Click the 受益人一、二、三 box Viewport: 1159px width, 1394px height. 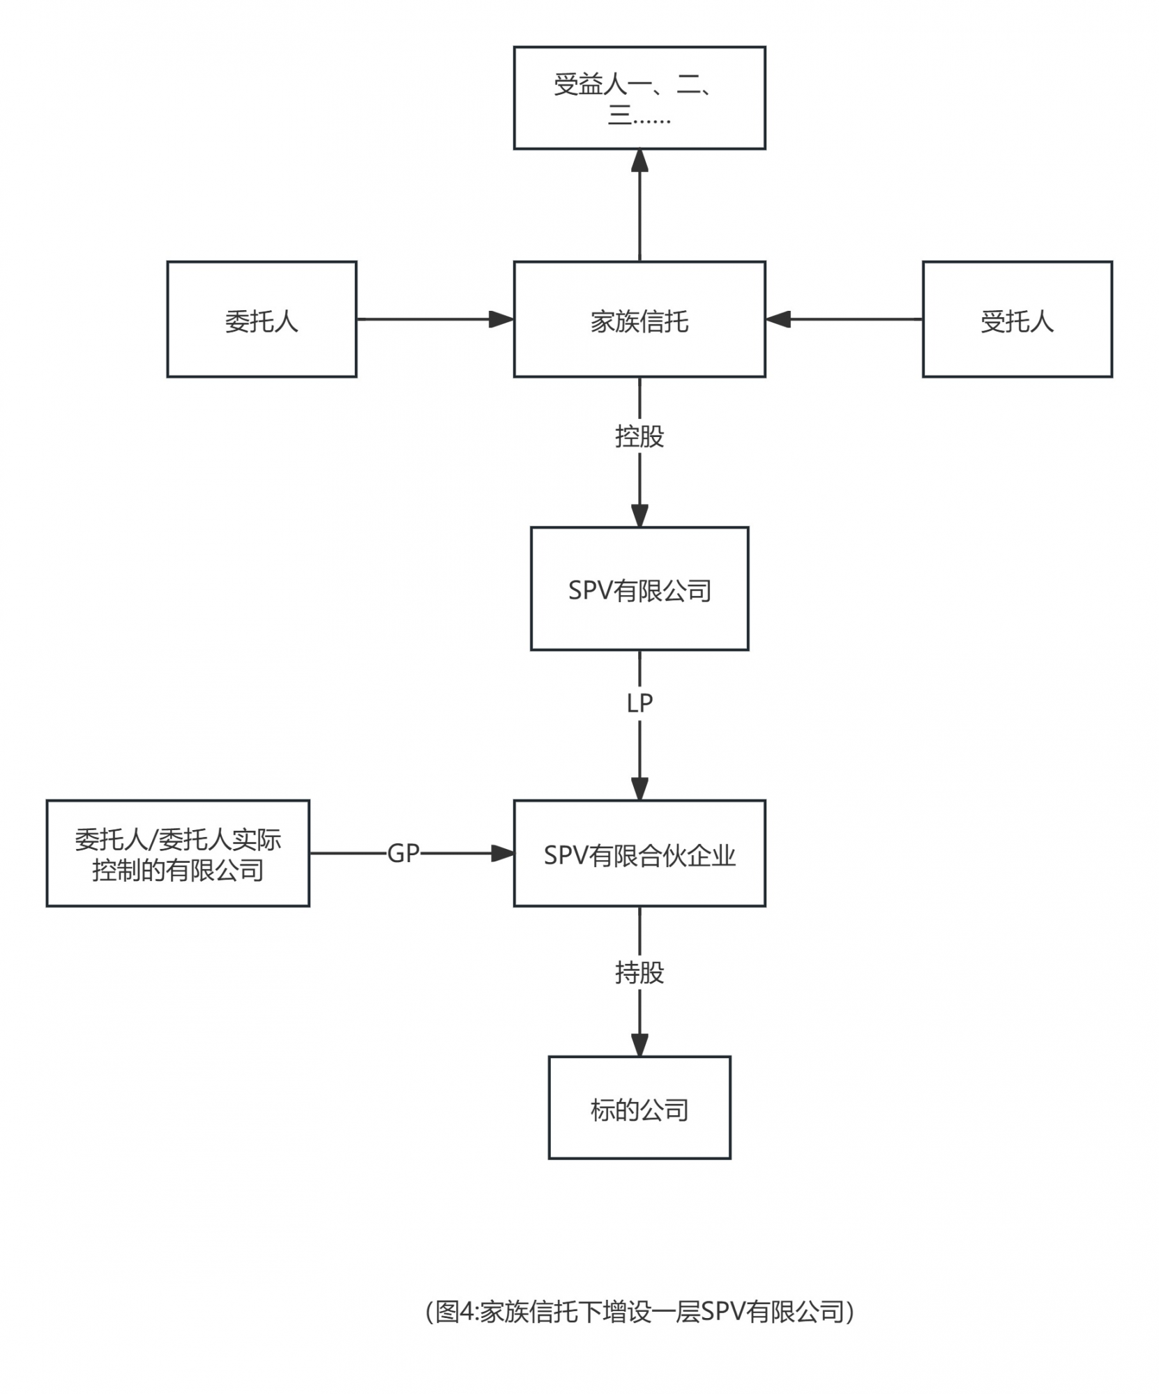click(x=639, y=98)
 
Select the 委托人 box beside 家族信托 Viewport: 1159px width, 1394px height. click(x=262, y=319)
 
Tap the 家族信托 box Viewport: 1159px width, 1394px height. click(x=639, y=319)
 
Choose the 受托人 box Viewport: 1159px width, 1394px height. click(x=1016, y=319)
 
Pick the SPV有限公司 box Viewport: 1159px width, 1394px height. click(x=639, y=589)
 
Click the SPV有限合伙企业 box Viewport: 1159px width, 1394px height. click(x=639, y=853)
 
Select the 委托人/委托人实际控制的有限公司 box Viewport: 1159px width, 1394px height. click(x=178, y=853)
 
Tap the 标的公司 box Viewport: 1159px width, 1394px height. click(x=639, y=1108)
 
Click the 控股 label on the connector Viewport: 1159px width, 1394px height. click(x=639, y=437)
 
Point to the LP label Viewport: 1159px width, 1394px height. click(x=639, y=703)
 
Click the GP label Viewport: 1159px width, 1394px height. click(x=403, y=853)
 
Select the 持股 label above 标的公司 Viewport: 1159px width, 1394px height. click(x=639, y=972)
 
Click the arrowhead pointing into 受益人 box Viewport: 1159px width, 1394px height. click(x=639, y=160)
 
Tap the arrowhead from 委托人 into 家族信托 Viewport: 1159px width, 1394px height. click(x=501, y=319)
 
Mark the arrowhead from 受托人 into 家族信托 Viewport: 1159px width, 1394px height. click(x=778, y=319)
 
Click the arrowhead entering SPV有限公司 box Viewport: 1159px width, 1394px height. click(x=639, y=515)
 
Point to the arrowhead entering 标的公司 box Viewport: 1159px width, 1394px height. click(x=639, y=1044)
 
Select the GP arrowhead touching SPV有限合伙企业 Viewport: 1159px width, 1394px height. click(x=502, y=853)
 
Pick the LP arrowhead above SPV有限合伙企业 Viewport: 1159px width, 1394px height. click(x=639, y=788)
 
